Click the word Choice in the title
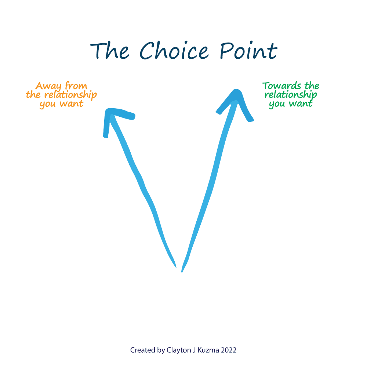pyautogui.click(x=174, y=50)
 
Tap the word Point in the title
pyautogui.click(x=248, y=50)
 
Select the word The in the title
pyautogui.click(x=109, y=51)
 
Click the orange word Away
pyautogui.click(x=48, y=86)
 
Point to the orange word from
pyautogui.click(x=76, y=86)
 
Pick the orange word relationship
pyautogui.click(x=70, y=95)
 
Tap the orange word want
pyautogui.click(x=72, y=104)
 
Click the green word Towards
pyautogui.click(x=281, y=86)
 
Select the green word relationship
pyautogui.click(x=291, y=95)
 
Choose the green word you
pyautogui.click(x=277, y=104)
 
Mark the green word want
pyautogui.click(x=301, y=103)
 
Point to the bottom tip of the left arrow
pyautogui.click(x=176, y=268)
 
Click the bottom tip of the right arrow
pyautogui.click(x=182, y=272)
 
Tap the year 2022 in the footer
pyautogui.click(x=229, y=350)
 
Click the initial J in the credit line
pyautogui.click(x=194, y=350)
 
